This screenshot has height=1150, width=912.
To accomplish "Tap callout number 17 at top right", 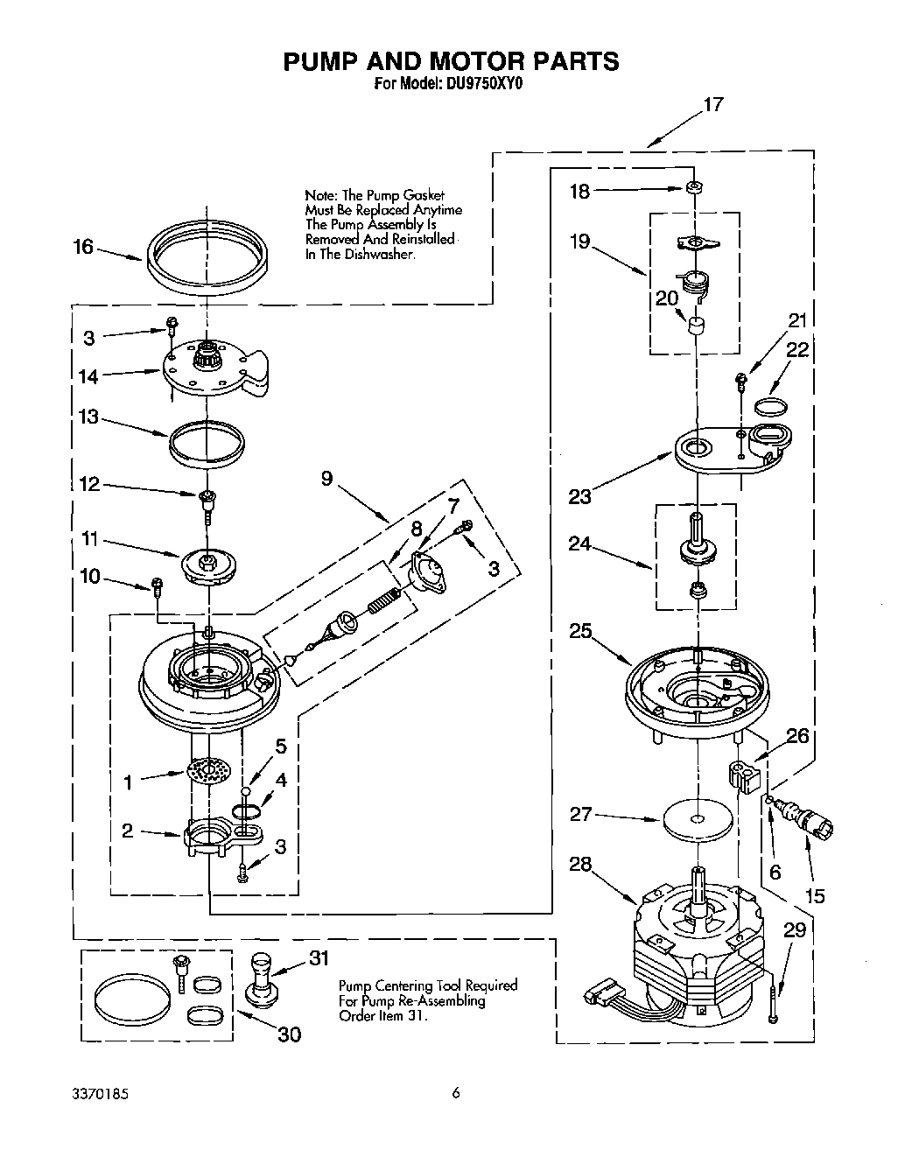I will (x=713, y=105).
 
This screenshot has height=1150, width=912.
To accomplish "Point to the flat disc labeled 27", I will (x=697, y=820).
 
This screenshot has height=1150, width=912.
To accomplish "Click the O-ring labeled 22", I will (x=771, y=405).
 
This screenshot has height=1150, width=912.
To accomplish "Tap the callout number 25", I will (x=580, y=630).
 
